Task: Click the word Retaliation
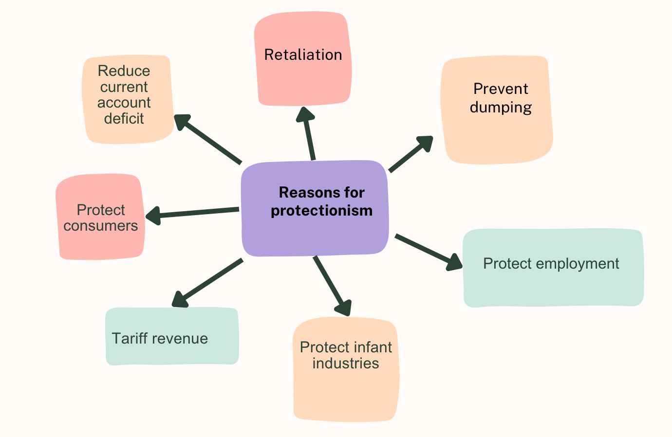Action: pyautogui.click(x=303, y=55)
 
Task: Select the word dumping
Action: pyautogui.click(x=501, y=107)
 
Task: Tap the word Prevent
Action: pyautogui.click(x=501, y=89)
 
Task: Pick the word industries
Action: pyautogui.click(x=346, y=364)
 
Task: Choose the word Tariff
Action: pyautogui.click(x=129, y=339)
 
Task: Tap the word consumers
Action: pyautogui.click(x=101, y=226)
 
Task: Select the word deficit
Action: pyautogui.click(x=124, y=118)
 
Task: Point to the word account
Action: pyautogui.click(x=124, y=103)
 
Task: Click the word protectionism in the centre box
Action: pyautogui.click(x=322, y=211)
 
